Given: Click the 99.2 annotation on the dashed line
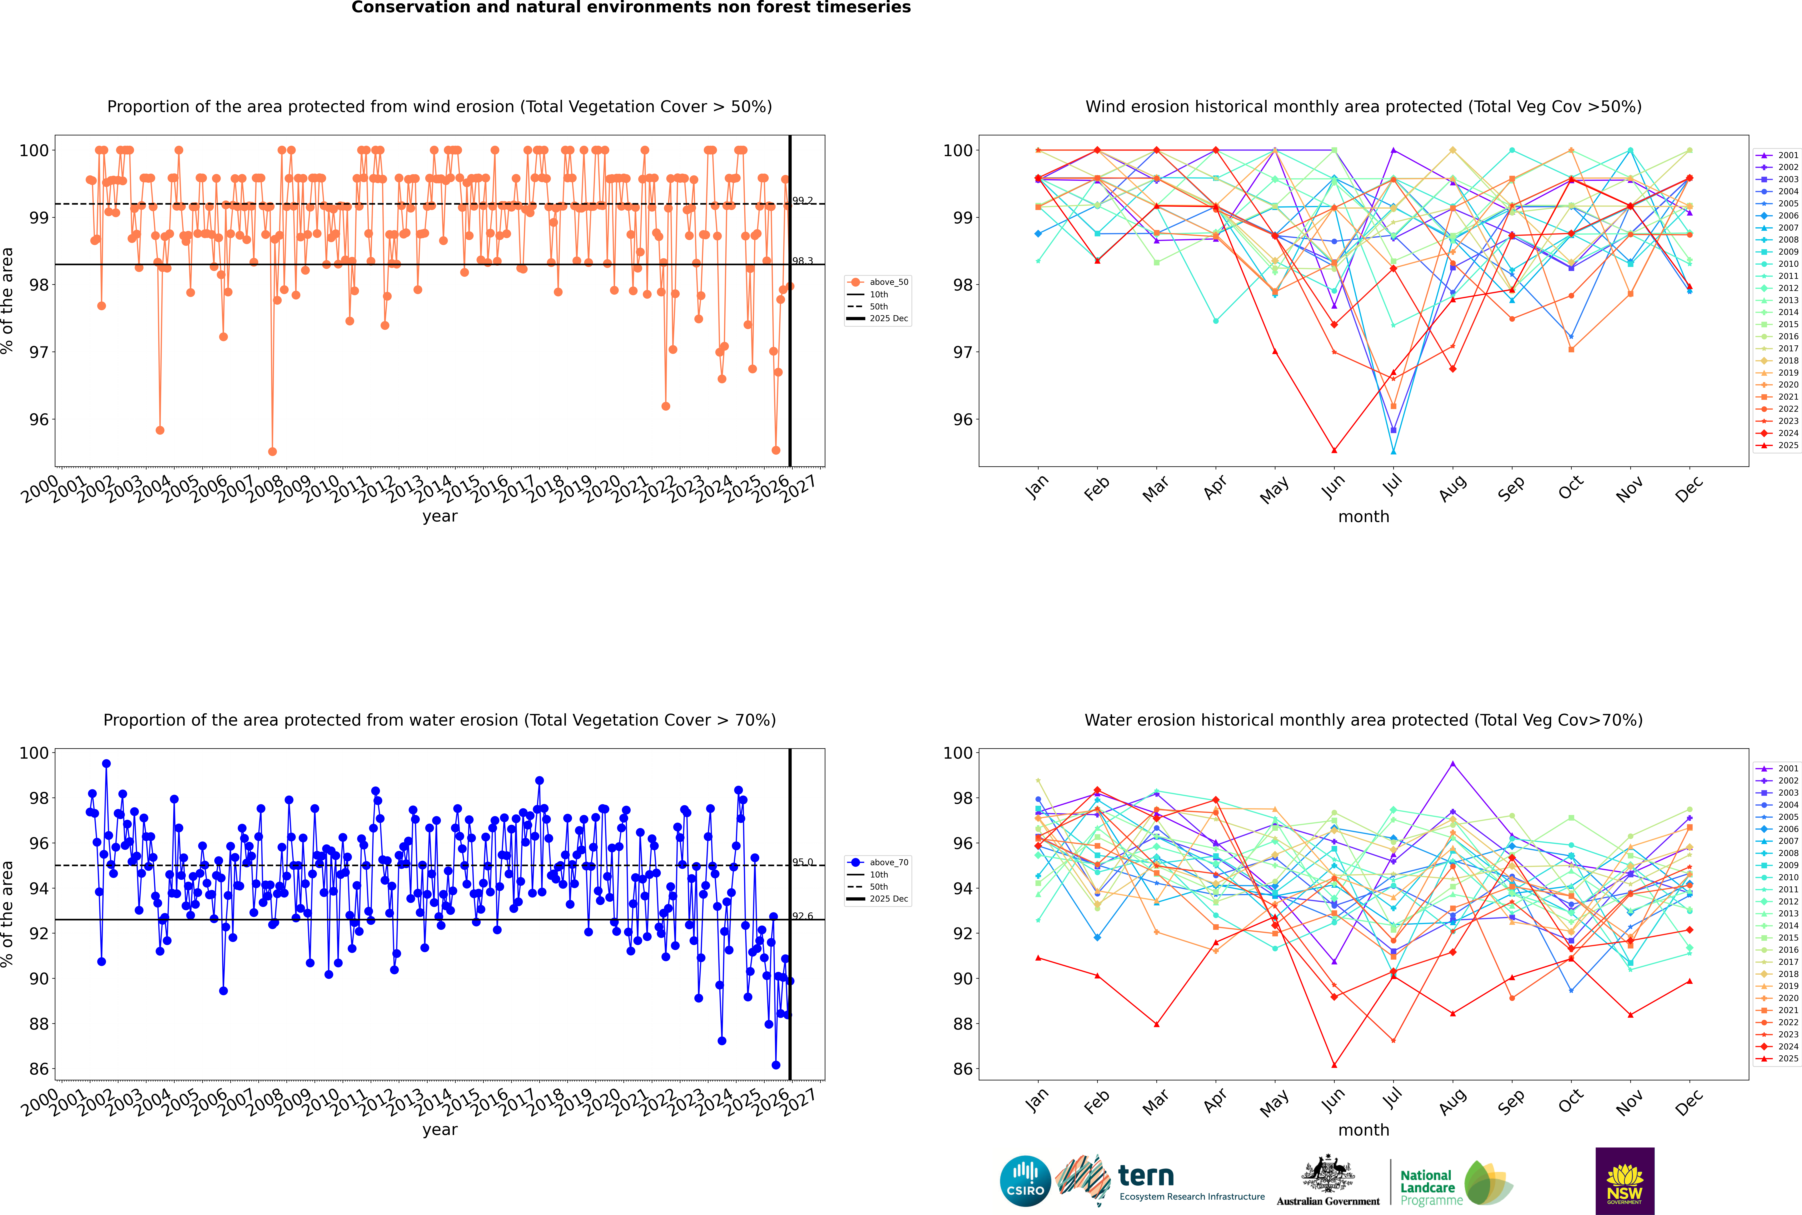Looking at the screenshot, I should pyautogui.click(x=803, y=201).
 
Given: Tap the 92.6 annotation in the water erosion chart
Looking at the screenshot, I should pyautogui.click(x=803, y=917).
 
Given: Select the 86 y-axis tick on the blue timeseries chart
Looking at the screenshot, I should pyautogui.click(x=39, y=1069).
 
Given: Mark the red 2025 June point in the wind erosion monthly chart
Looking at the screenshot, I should pyautogui.click(x=1334, y=450).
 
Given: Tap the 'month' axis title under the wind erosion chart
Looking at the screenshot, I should pyautogui.click(x=1363, y=517).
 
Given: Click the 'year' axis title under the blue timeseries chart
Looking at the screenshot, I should pyautogui.click(x=440, y=1130).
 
